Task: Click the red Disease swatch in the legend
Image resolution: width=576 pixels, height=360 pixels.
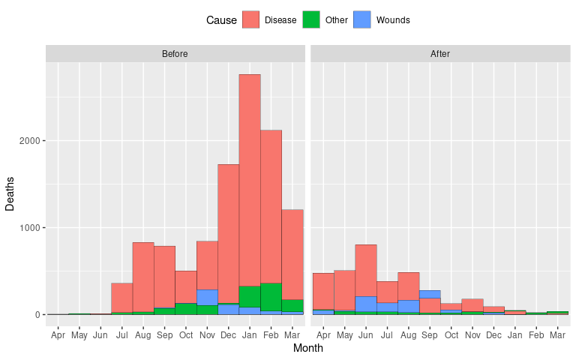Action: [x=250, y=20]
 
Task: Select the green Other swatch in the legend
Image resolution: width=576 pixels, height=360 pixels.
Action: [x=311, y=20]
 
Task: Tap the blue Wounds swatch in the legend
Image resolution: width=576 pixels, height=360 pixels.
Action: [x=361, y=20]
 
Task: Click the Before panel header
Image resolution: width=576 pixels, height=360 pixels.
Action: [x=175, y=54]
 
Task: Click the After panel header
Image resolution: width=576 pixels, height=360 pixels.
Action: [x=440, y=54]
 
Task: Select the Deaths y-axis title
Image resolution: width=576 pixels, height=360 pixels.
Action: [x=10, y=194]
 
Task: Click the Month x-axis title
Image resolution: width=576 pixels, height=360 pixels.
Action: [x=307, y=349]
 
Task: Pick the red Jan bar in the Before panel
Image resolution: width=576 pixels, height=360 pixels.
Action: [x=250, y=180]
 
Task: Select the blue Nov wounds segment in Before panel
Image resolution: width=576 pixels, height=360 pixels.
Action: [x=207, y=297]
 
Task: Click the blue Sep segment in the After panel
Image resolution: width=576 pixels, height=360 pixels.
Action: [x=430, y=294]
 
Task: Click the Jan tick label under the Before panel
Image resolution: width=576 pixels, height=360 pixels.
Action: [x=250, y=335]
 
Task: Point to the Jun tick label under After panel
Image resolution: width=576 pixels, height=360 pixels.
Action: [x=366, y=335]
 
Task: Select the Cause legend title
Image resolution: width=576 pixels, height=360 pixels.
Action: [x=221, y=20]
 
